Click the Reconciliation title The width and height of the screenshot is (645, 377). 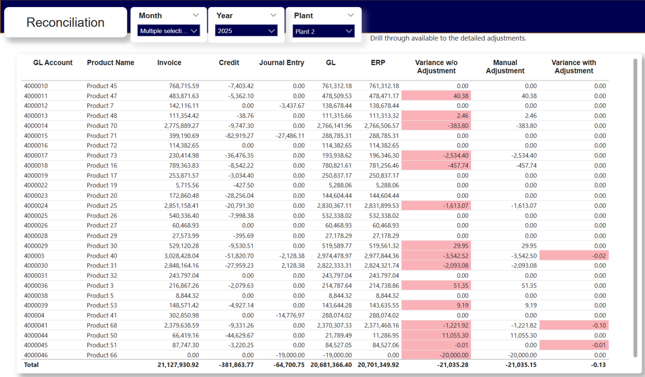66,23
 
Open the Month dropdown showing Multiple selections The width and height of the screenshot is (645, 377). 169,31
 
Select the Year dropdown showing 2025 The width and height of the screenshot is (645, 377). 246,31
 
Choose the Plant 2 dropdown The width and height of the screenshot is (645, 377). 323,32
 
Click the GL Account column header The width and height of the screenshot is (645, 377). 53,63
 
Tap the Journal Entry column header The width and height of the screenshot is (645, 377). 281,63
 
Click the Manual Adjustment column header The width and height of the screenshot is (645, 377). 505,67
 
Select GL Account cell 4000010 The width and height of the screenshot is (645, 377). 36,86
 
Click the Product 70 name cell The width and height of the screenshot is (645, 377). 102,126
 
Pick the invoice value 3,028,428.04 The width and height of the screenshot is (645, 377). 176,256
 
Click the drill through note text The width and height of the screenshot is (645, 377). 448,39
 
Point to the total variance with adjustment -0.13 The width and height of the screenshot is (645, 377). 598,365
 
